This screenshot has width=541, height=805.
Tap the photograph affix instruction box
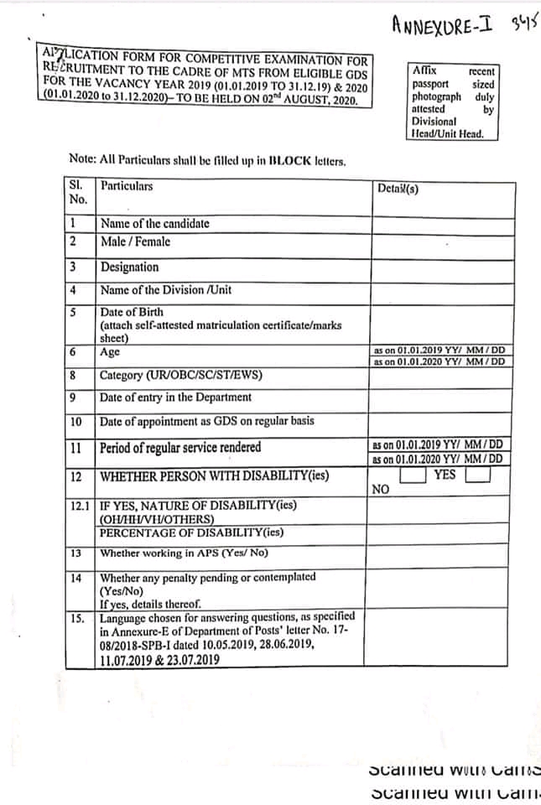453,101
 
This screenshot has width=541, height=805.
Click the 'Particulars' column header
127,186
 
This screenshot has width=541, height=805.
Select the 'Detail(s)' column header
398,189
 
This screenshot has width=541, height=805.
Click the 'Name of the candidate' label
154,224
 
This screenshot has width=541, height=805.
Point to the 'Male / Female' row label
135,241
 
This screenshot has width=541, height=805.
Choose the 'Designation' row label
129,267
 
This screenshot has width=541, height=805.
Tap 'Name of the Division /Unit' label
166,290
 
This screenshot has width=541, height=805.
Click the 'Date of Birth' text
132,312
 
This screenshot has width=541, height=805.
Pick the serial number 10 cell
76,421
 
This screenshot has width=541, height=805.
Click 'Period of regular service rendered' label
180,447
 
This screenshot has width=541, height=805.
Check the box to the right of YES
476,475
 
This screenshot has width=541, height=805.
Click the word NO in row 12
380,489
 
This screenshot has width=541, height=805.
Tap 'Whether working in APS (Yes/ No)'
184,553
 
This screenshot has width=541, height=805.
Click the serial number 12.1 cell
81,506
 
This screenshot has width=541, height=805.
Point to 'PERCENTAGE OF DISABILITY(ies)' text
191,532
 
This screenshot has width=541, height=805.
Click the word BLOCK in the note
286,160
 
